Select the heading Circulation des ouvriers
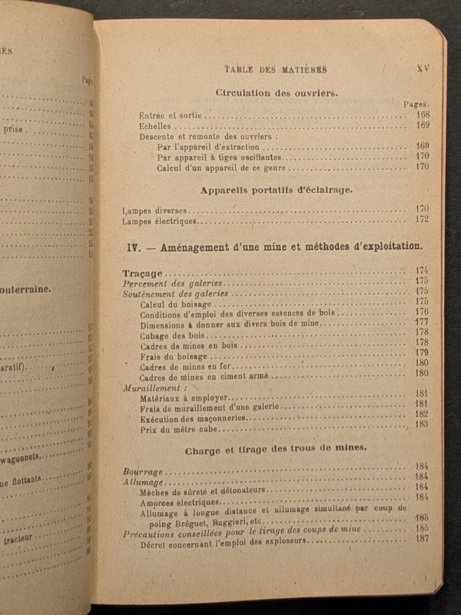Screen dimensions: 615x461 (276, 93)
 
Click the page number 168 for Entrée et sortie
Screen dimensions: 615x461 (422, 115)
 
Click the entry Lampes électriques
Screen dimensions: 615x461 (159, 221)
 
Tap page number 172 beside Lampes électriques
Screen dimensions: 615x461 (422, 219)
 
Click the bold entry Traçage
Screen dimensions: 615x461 (142, 273)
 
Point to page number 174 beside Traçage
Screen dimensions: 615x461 (421, 270)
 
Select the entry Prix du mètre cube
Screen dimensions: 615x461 (183, 428)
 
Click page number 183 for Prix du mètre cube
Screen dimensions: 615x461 (421, 424)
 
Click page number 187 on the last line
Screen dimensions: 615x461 (422, 538)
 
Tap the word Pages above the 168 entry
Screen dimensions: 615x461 (416, 104)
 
